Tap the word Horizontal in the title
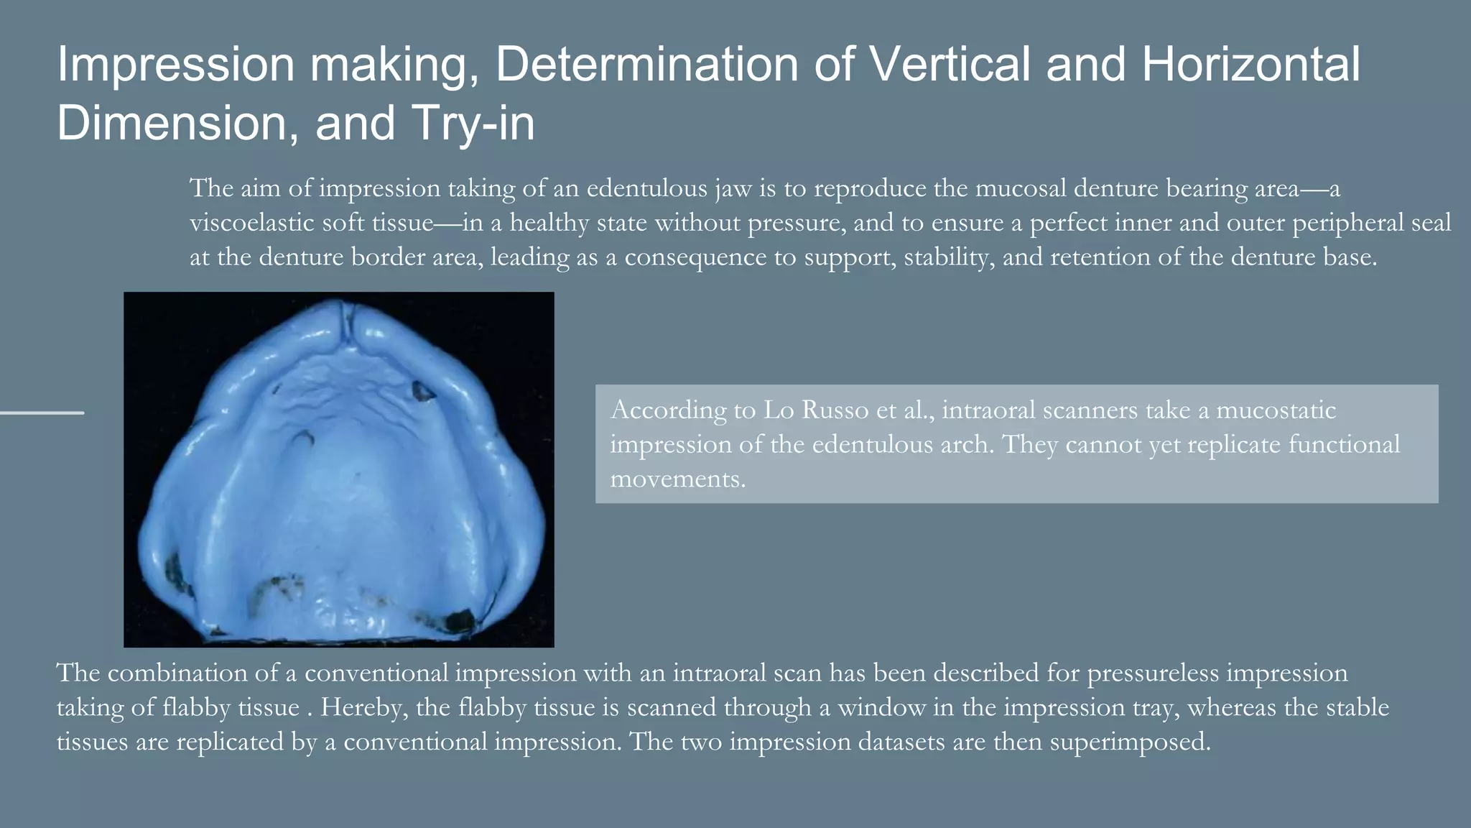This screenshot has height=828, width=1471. point(1250,65)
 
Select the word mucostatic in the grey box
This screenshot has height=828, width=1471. point(1276,410)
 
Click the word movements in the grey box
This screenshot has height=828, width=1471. point(677,479)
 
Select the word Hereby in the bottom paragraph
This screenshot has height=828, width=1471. point(363,707)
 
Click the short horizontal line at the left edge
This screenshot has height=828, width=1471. point(42,413)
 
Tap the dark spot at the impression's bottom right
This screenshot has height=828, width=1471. point(459,619)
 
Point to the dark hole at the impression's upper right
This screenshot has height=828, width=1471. point(422,391)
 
